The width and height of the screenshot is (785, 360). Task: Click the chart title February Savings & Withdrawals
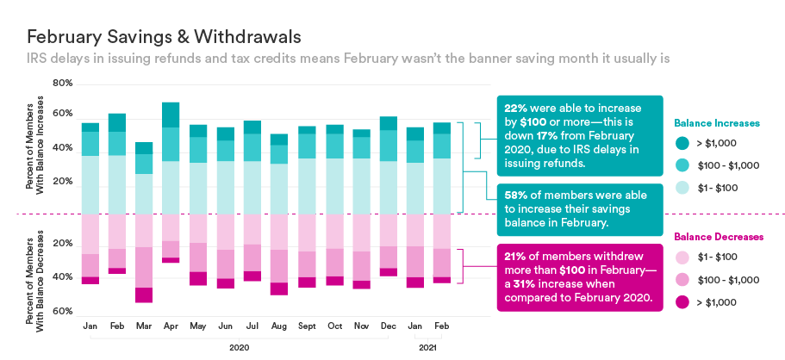click(164, 37)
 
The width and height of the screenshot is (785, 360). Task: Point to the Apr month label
click(170, 326)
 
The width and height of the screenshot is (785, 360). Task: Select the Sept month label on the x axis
click(307, 326)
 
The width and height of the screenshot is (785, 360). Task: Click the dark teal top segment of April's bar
click(171, 115)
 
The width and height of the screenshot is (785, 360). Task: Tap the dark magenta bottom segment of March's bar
click(144, 295)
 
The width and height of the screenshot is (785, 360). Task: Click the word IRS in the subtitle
click(38, 59)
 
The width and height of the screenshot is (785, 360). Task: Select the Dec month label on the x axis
click(388, 326)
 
